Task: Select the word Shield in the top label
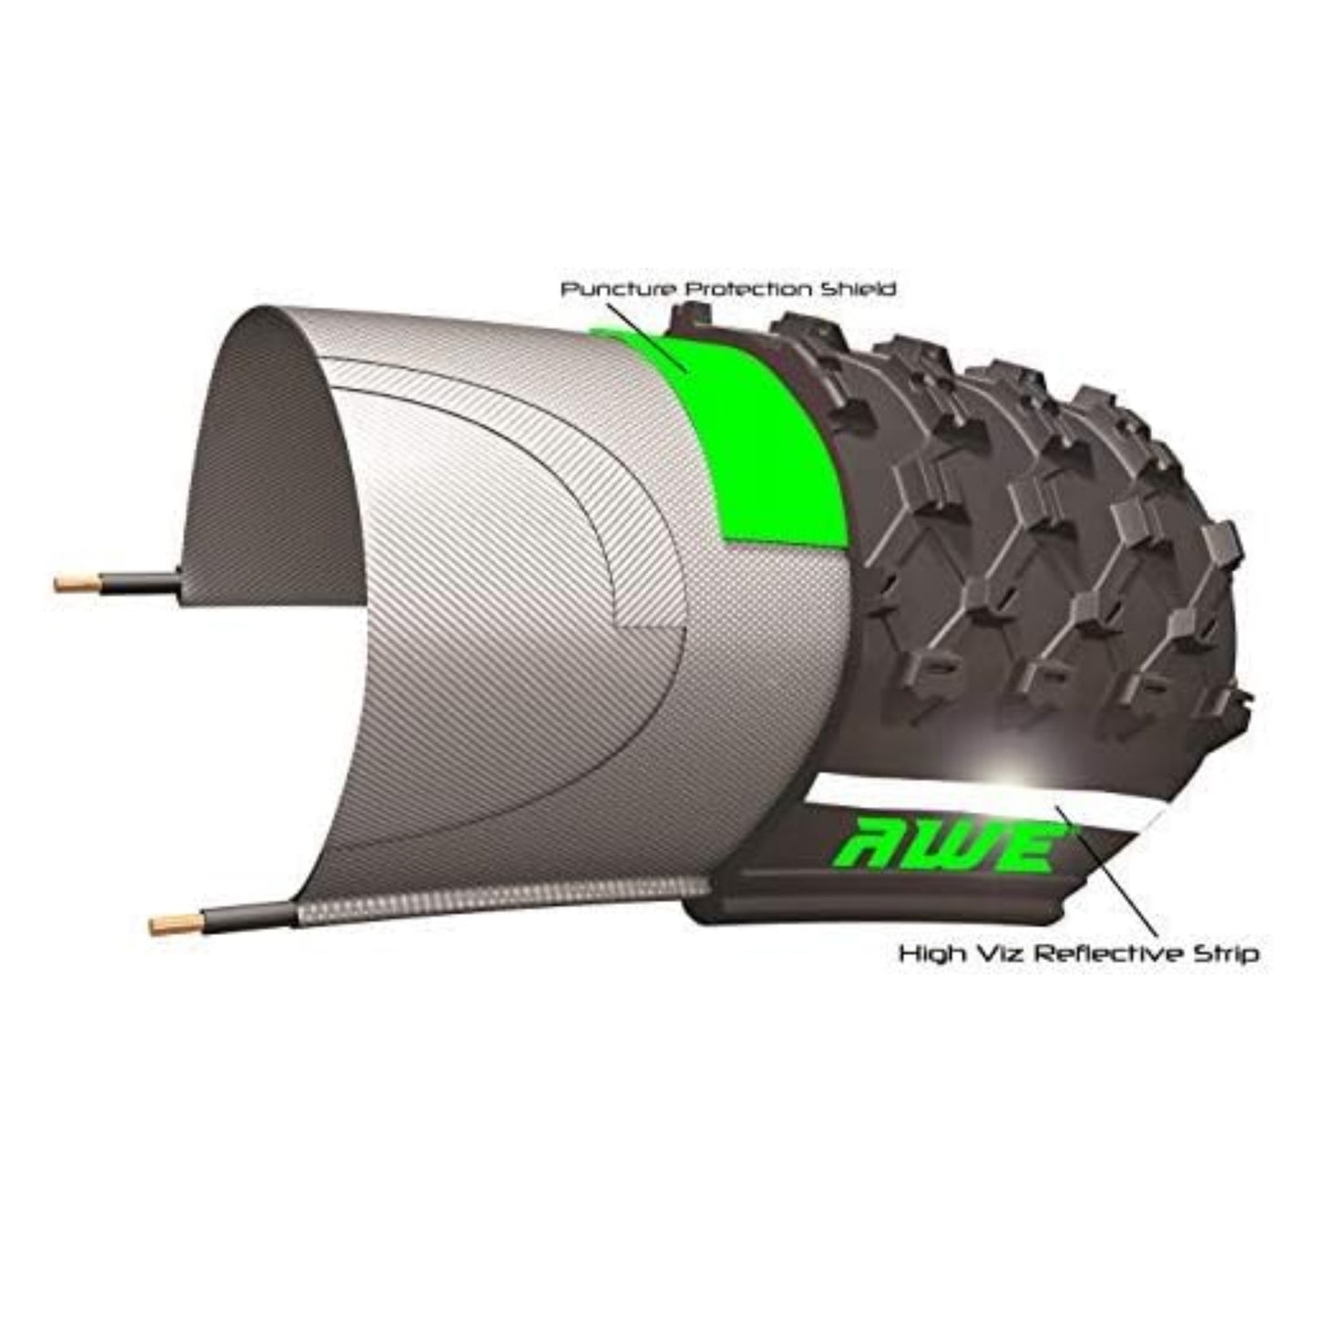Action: click(858, 290)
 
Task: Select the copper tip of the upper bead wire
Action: click(77, 584)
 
